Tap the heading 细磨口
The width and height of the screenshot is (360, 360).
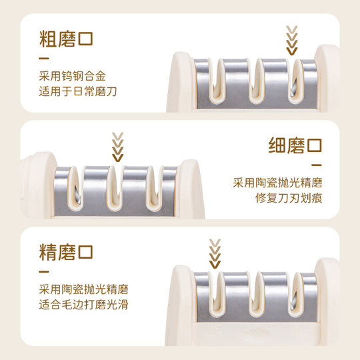[294, 145]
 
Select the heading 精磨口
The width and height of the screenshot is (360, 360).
[66, 253]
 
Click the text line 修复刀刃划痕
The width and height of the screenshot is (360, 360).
[289, 198]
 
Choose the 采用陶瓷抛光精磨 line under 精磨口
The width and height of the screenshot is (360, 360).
[84, 290]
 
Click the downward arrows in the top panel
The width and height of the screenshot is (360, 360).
[291, 39]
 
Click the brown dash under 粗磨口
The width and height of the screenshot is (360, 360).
[44, 57]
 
